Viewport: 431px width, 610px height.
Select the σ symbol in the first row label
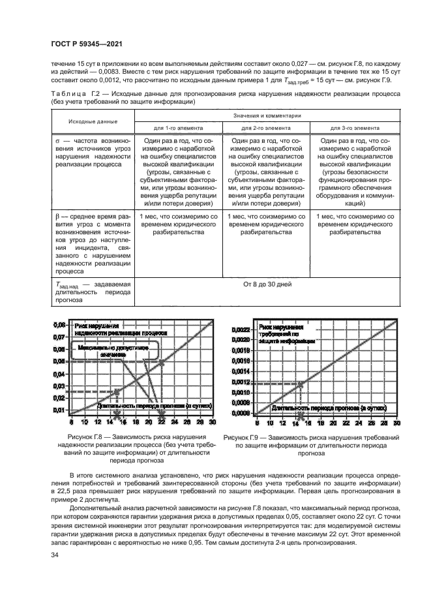58,141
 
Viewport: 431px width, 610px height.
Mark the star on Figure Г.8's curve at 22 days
162,361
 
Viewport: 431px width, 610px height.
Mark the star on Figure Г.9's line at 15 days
301,382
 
